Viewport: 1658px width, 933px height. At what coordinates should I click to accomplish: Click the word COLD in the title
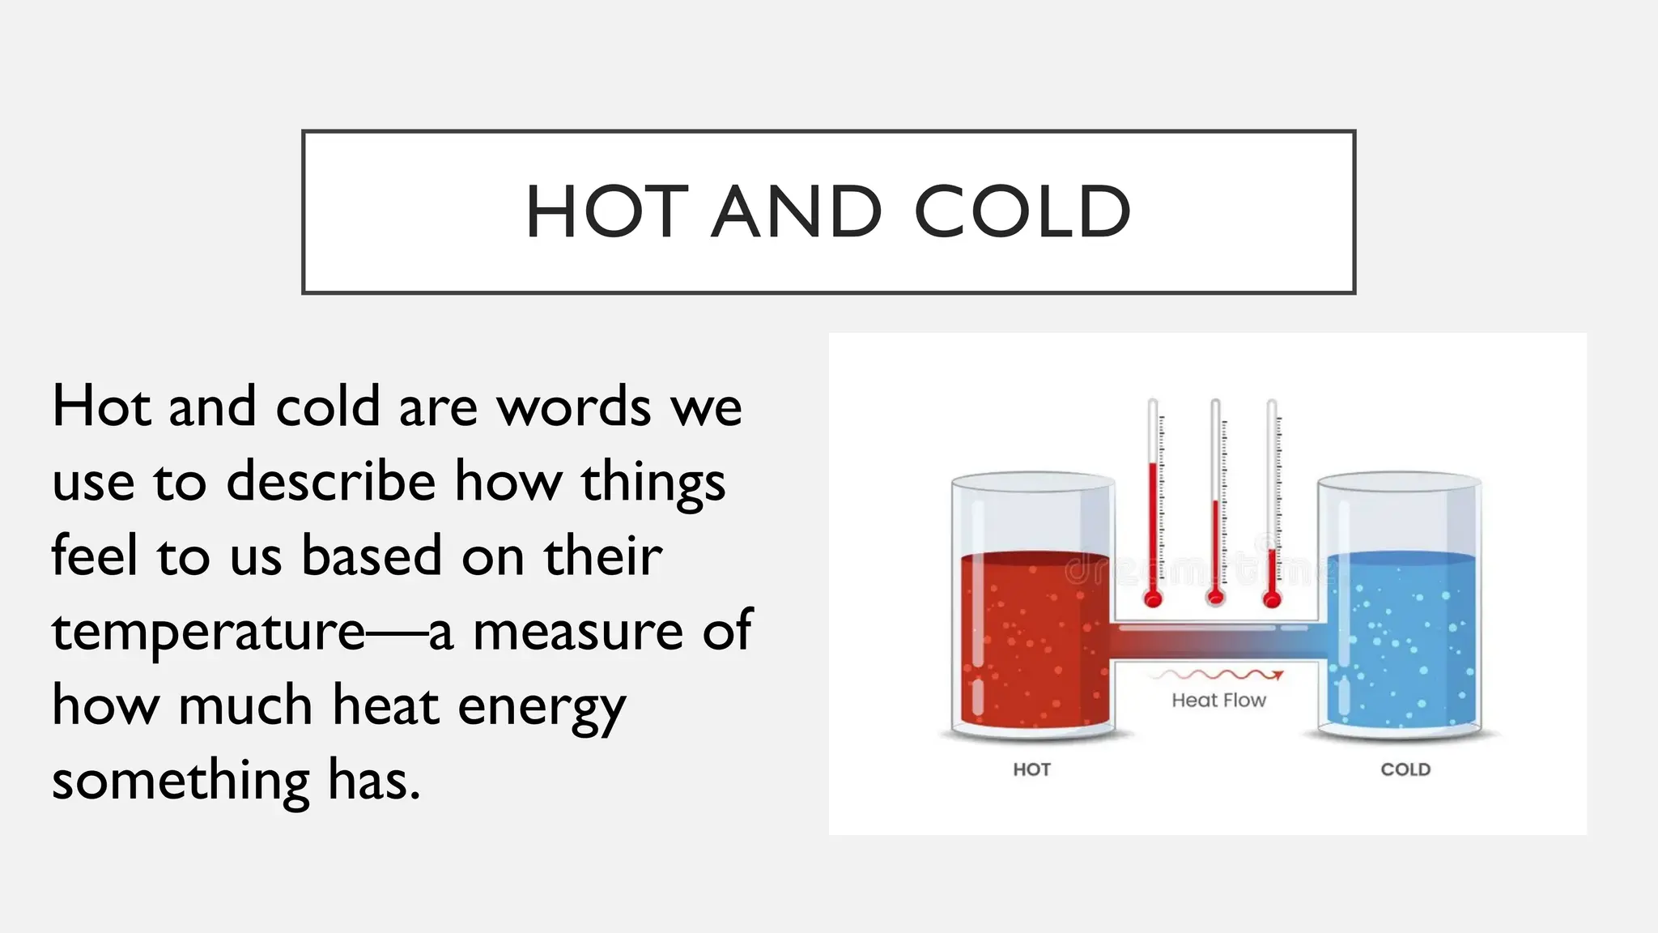(1022, 212)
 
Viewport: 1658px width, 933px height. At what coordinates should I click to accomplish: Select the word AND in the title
(796, 212)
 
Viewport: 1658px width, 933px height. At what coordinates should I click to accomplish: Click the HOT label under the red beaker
(1031, 769)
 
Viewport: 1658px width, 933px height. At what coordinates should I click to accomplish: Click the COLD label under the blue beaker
(1405, 769)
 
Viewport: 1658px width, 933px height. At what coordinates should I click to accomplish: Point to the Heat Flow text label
(1218, 701)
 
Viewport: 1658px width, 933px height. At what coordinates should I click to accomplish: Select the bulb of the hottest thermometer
(1153, 599)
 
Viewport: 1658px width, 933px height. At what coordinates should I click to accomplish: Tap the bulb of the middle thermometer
(1215, 599)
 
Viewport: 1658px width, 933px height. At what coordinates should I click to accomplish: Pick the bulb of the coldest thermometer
(1272, 599)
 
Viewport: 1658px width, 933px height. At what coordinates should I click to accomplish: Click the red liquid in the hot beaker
(1032, 640)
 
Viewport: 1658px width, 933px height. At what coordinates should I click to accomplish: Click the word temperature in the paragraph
(209, 632)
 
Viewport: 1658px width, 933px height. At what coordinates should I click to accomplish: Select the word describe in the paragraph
(331, 482)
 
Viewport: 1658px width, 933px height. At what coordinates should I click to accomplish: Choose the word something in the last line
(181, 781)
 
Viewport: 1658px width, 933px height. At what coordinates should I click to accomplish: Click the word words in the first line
(574, 407)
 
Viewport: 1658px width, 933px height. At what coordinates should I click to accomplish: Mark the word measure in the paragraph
(578, 632)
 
